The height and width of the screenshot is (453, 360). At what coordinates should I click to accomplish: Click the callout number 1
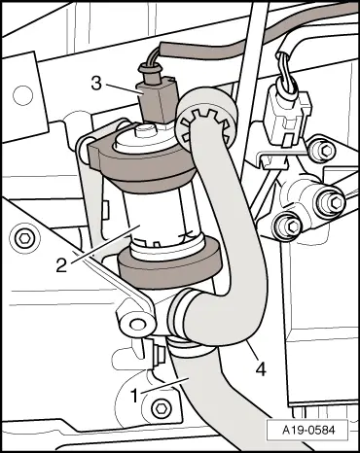coord(135,396)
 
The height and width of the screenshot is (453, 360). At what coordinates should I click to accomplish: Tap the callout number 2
coord(61,265)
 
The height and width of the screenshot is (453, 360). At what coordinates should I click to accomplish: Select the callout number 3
coord(96,84)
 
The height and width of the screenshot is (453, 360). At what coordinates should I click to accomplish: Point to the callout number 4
coord(261,368)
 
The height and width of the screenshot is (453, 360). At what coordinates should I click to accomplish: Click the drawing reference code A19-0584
coord(308,431)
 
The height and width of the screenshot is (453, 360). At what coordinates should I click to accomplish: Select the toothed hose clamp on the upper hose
coord(206,123)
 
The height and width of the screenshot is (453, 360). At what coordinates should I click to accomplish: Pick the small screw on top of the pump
coord(145,131)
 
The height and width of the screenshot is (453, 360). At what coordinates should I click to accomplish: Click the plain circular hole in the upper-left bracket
coord(22,95)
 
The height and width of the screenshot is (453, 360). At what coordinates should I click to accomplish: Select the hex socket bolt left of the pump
coord(24,239)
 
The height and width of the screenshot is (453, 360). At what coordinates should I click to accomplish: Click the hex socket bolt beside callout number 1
coord(161,406)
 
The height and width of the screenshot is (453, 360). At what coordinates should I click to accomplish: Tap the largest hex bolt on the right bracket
coord(330,202)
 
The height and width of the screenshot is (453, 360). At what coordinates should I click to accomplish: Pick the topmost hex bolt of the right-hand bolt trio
coord(321,150)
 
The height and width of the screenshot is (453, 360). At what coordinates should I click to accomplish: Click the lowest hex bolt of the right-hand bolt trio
coord(289,227)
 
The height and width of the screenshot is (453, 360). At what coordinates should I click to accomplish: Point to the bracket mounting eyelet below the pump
coord(136,324)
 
